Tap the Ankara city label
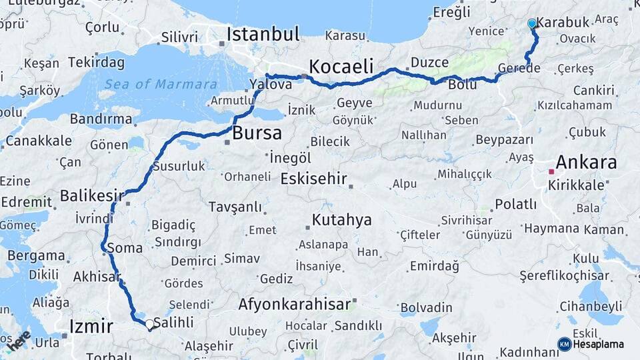[x=586, y=162]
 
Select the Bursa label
[x=256, y=133]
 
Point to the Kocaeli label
[x=340, y=67]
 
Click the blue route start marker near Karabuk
[x=532, y=24]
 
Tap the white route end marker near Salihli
[x=149, y=325]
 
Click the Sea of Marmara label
[x=161, y=84]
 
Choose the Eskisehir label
[x=314, y=179]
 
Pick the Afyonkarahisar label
[x=295, y=305]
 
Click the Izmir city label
[x=91, y=326]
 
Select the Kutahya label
[x=341, y=220]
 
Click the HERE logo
[x=19, y=340]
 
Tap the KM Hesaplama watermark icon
[x=565, y=344]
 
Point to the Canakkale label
[x=39, y=141]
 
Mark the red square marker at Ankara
[x=551, y=171]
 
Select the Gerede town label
[x=519, y=69]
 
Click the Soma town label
[x=125, y=248]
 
